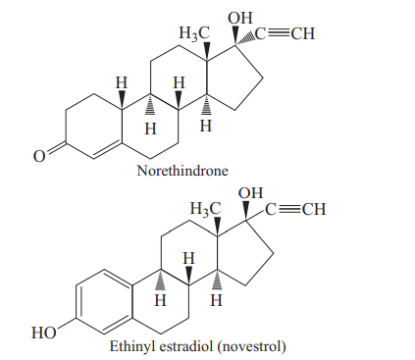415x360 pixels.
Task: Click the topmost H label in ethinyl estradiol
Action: click(189, 258)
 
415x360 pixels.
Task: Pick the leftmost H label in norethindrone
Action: click(121, 83)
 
